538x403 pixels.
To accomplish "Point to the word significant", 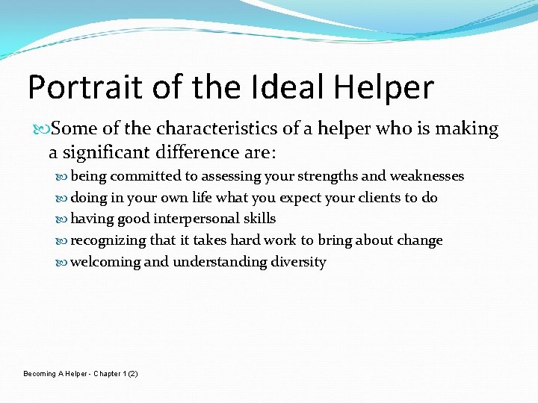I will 104,154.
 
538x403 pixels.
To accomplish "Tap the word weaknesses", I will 427,176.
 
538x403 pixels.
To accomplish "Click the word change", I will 422,240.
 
